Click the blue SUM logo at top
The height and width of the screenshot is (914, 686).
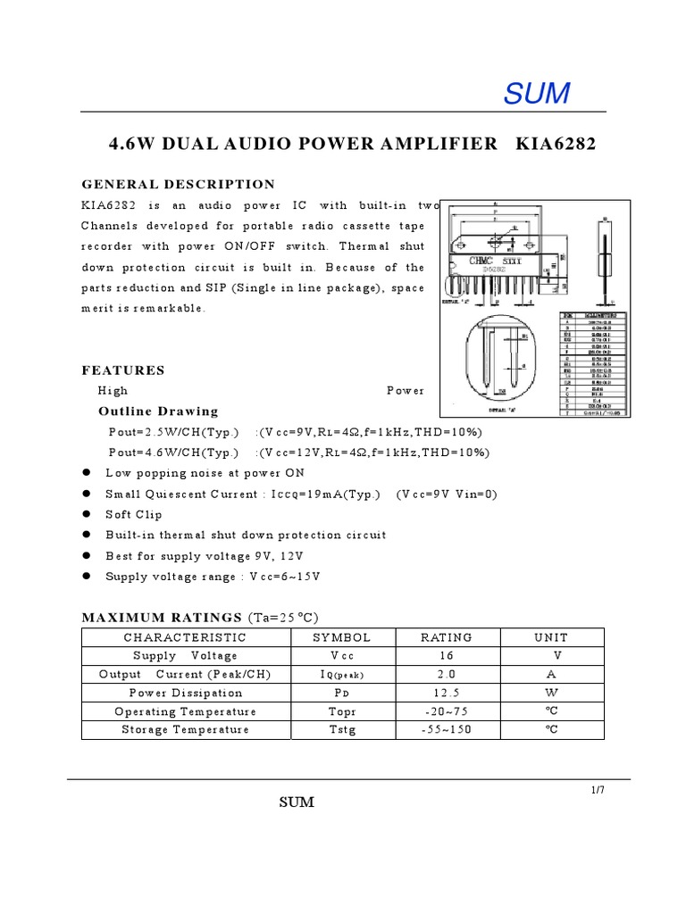coord(538,93)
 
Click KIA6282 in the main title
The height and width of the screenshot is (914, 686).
coord(556,144)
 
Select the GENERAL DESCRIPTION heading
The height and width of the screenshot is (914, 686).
coord(179,185)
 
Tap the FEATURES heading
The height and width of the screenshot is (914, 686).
coord(123,370)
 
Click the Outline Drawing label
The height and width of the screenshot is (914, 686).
coord(158,411)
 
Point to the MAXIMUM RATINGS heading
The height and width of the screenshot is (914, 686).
coord(162,618)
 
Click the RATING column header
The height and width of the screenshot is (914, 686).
coord(447,637)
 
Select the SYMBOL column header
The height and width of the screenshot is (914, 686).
coord(341,637)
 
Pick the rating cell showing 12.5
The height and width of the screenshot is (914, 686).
coord(447,693)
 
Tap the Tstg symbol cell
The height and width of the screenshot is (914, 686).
coord(341,730)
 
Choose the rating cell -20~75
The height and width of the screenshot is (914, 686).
coord(447,711)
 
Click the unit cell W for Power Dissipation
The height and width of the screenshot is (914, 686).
coord(551,693)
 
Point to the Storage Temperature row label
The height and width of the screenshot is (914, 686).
coord(185,730)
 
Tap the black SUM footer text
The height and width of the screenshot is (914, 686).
coord(297,802)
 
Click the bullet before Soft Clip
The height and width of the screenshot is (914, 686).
coord(87,514)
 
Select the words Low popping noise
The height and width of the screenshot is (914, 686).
coord(157,473)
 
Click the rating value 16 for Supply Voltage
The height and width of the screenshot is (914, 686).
coord(447,656)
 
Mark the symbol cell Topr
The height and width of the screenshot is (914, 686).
coord(341,711)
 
